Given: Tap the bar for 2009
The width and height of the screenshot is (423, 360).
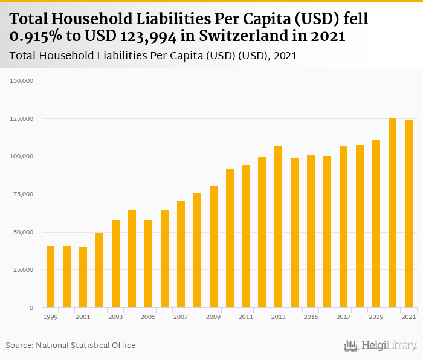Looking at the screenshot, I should point(213,247).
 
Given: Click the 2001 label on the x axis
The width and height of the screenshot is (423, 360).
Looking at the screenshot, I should point(83,317).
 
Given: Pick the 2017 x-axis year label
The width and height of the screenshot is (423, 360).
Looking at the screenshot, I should point(343,317).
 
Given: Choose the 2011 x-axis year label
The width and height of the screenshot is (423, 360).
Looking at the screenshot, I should point(246,317).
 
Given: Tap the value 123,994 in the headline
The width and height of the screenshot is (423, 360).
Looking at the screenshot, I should point(147,36).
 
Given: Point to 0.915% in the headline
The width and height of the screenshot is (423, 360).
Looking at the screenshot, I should point(38,36).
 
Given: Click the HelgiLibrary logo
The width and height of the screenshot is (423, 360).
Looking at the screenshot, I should point(380,346).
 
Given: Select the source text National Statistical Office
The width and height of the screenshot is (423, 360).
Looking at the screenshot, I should point(86,345).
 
